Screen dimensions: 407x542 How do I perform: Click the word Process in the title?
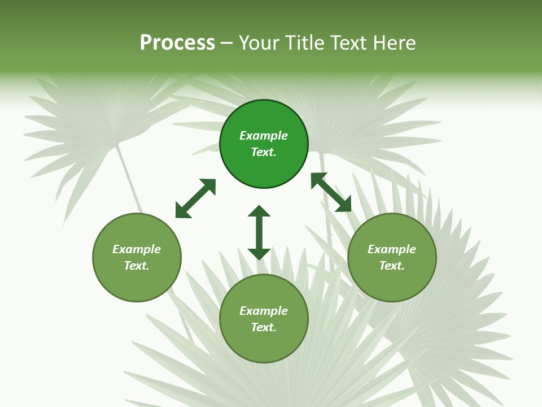point(177,43)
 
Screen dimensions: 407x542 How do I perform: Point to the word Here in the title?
point(395,43)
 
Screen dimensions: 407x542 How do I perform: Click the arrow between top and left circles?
point(195,198)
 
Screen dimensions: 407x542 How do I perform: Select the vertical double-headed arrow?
point(259,232)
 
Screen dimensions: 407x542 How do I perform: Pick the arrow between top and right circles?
point(331,192)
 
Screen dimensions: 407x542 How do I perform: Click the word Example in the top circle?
point(264,136)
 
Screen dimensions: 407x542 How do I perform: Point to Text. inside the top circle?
point(264,152)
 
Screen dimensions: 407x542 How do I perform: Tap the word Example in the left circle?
point(137,249)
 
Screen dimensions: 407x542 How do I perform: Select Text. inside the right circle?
point(392,266)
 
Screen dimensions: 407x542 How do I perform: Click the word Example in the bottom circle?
point(264,311)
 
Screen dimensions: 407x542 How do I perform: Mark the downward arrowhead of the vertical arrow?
point(259,254)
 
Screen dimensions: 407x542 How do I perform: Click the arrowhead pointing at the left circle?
point(182,211)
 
